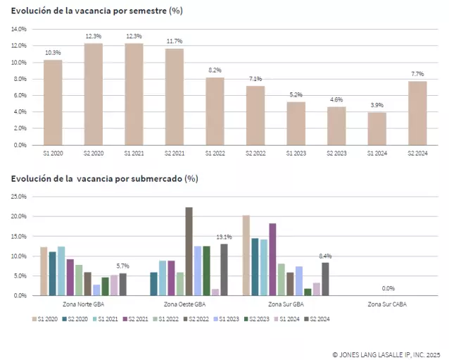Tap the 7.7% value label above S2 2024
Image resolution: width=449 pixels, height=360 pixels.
[x=417, y=74]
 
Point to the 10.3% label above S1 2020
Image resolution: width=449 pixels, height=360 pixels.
[x=53, y=53]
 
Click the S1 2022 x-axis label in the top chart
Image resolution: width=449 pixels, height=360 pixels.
[x=215, y=153]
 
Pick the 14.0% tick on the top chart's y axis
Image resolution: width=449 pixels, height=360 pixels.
[x=18, y=29]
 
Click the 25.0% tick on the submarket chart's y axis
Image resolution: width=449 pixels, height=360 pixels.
[x=17, y=197]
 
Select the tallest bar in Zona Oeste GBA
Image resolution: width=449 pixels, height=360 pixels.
[x=189, y=251]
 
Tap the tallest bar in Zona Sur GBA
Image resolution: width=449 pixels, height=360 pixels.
[x=246, y=255]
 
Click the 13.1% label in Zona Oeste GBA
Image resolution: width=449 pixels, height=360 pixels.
[x=224, y=237]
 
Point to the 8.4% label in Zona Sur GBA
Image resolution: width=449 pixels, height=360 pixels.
[x=325, y=256]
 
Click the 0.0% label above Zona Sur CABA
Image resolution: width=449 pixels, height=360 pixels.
[x=388, y=288]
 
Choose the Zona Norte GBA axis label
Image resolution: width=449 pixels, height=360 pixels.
[x=84, y=304]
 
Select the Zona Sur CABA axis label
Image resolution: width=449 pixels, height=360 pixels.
[x=387, y=304]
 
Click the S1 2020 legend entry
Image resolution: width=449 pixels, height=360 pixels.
[x=48, y=319]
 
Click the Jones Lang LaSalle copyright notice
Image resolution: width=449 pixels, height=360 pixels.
[x=386, y=354]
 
